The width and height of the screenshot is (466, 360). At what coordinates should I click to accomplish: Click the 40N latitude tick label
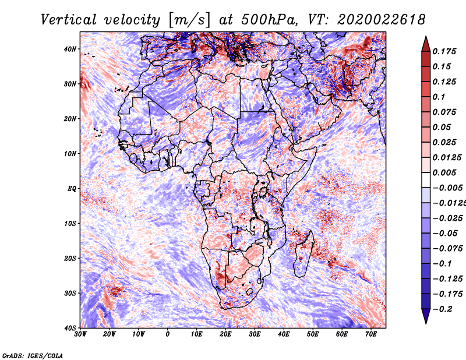[70, 49]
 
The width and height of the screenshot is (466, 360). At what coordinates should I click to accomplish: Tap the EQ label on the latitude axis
[72, 189]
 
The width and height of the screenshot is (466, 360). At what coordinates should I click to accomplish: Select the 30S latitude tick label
[70, 294]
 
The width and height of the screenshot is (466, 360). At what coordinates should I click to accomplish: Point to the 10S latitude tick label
[70, 224]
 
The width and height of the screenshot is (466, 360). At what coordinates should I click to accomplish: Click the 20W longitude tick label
[110, 334]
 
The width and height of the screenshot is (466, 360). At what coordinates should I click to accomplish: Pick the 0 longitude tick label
[168, 334]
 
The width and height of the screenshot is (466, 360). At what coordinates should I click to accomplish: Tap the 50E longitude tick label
[313, 334]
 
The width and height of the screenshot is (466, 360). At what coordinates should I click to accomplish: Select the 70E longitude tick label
[371, 334]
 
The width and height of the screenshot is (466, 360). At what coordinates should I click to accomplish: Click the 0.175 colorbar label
[444, 51]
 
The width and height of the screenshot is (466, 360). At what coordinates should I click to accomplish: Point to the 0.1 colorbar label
[439, 97]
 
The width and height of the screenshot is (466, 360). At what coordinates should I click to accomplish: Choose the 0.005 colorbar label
[444, 172]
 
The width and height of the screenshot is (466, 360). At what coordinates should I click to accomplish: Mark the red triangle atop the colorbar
[426, 45]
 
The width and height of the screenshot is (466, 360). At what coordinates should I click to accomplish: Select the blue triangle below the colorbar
[426, 316]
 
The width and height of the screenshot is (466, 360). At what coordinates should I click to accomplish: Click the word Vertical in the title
[69, 20]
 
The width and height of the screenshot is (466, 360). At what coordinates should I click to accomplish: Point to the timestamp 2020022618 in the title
[381, 20]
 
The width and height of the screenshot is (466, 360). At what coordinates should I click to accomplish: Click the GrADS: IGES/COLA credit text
[33, 355]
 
